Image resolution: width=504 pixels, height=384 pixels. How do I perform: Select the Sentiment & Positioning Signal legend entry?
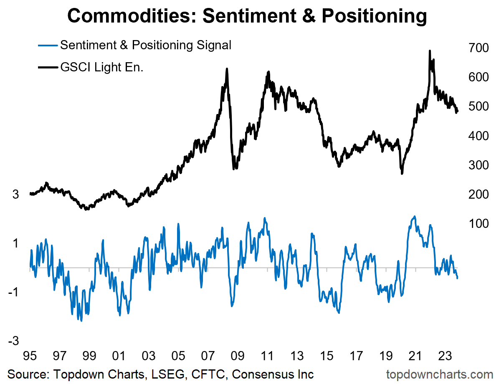[x=145, y=45]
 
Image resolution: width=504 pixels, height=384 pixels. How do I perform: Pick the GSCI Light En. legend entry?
[x=101, y=67]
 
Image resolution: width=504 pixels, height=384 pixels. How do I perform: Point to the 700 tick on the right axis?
[x=478, y=48]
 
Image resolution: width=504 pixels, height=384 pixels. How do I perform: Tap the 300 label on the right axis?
[x=478, y=165]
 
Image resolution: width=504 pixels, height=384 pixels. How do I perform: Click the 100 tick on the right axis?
[x=478, y=224]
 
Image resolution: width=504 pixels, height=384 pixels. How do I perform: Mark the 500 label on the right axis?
[x=478, y=107]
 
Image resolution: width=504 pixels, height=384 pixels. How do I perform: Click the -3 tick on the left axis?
[x=13, y=341]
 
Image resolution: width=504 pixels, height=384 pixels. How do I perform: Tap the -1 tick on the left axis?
[x=13, y=292]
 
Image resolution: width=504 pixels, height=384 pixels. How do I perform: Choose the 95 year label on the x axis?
[x=29, y=357]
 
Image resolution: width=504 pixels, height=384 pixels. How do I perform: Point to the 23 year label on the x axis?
[x=444, y=357]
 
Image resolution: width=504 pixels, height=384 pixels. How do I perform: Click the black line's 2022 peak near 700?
[x=430, y=51]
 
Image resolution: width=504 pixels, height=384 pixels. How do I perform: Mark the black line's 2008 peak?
[x=227, y=69]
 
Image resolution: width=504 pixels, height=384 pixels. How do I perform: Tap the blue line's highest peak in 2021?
[x=414, y=216]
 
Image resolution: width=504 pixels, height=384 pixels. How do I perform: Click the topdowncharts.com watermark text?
[x=440, y=374]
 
